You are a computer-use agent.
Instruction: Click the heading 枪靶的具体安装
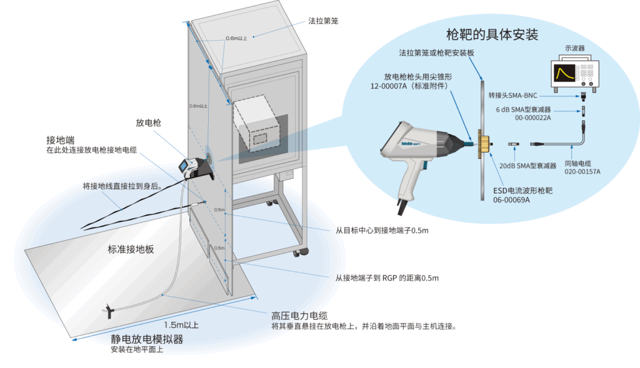click(x=493, y=34)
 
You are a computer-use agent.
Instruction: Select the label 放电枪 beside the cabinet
click(x=148, y=123)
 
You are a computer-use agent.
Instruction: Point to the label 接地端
click(x=61, y=139)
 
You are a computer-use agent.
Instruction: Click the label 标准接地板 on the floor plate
click(x=131, y=249)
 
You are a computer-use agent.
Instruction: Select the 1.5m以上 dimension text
click(x=181, y=325)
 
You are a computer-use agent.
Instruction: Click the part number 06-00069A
click(x=512, y=200)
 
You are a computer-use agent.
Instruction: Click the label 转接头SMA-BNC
click(x=516, y=96)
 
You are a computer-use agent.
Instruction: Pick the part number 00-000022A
click(x=532, y=118)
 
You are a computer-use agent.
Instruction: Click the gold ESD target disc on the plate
click(x=482, y=143)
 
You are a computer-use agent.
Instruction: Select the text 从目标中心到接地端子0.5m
click(x=382, y=230)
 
